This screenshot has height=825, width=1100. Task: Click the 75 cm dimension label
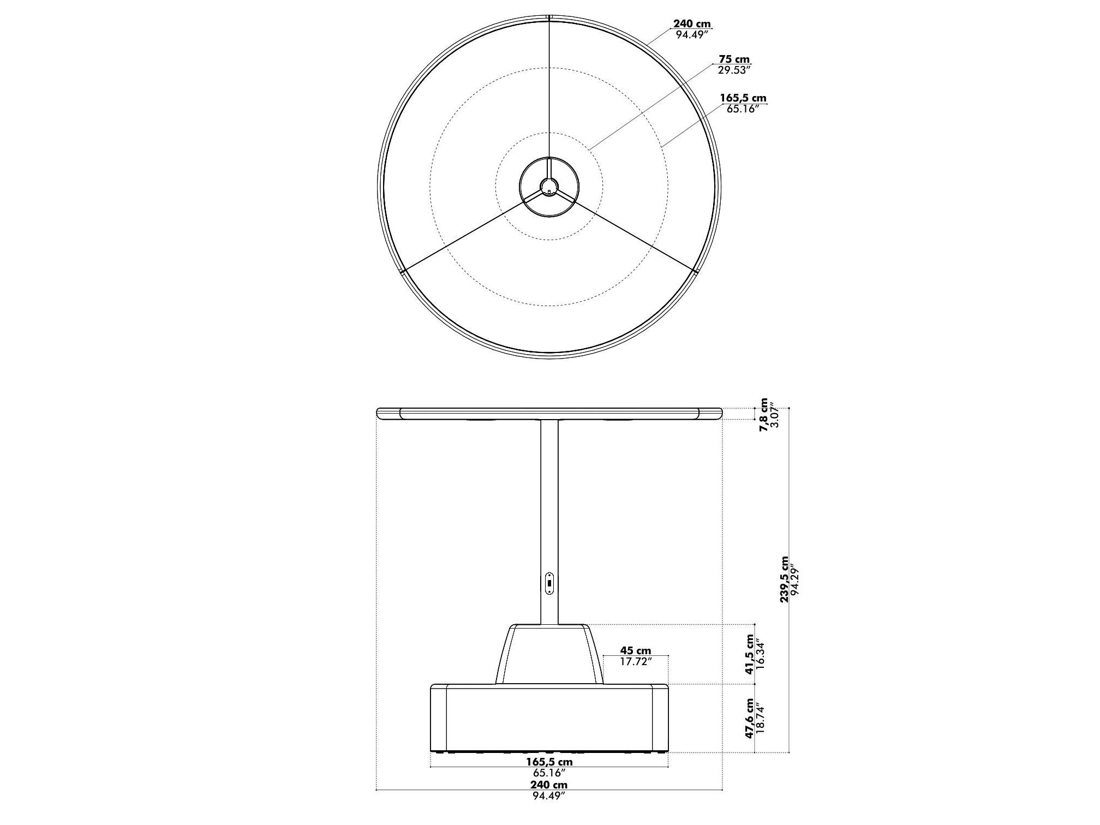coord(734,59)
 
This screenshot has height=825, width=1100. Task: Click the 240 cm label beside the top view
coord(691,24)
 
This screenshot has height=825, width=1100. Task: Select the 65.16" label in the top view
coord(743,109)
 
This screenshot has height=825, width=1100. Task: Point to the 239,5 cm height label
coord(784,579)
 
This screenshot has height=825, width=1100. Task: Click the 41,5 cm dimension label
coord(750,654)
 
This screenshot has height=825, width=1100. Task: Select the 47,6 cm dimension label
coord(750,718)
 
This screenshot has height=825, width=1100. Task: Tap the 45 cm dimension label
coord(635,651)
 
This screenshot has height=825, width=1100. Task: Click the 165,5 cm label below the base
coord(549,762)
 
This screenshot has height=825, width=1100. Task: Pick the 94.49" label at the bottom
coord(549,811)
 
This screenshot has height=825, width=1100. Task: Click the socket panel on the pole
coord(549,583)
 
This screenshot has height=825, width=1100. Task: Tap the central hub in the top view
coord(549,187)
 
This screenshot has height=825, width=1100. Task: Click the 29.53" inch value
coord(734,70)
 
